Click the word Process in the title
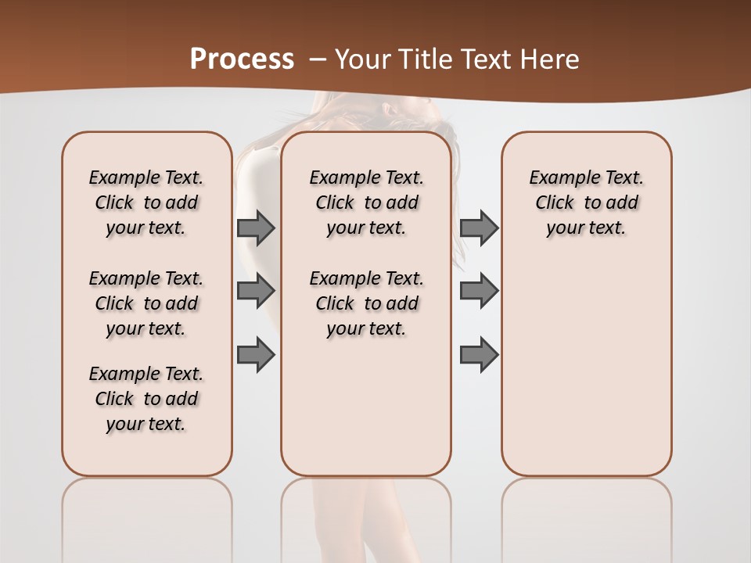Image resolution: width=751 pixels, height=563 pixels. [242, 59]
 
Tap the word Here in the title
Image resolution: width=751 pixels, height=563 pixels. [552, 59]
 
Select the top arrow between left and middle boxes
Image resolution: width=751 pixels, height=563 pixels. [256, 228]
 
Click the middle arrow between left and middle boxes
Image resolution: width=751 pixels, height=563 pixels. [256, 292]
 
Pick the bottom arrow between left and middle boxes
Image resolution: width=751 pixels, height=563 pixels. [256, 354]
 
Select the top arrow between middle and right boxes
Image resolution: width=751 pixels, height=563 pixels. [479, 228]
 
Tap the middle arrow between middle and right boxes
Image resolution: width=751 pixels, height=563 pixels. [479, 292]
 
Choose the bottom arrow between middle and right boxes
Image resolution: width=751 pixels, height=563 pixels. [479, 354]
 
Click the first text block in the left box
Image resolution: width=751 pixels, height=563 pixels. [146, 203]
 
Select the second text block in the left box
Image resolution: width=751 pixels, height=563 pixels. [146, 303]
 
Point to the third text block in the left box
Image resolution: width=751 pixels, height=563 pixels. [146, 399]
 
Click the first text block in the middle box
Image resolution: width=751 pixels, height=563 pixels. [366, 203]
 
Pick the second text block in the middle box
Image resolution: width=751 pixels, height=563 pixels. [366, 303]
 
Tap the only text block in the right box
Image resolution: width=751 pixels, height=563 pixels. [586, 203]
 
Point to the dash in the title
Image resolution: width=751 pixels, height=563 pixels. [318, 59]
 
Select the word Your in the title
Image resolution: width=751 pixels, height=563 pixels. [361, 59]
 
